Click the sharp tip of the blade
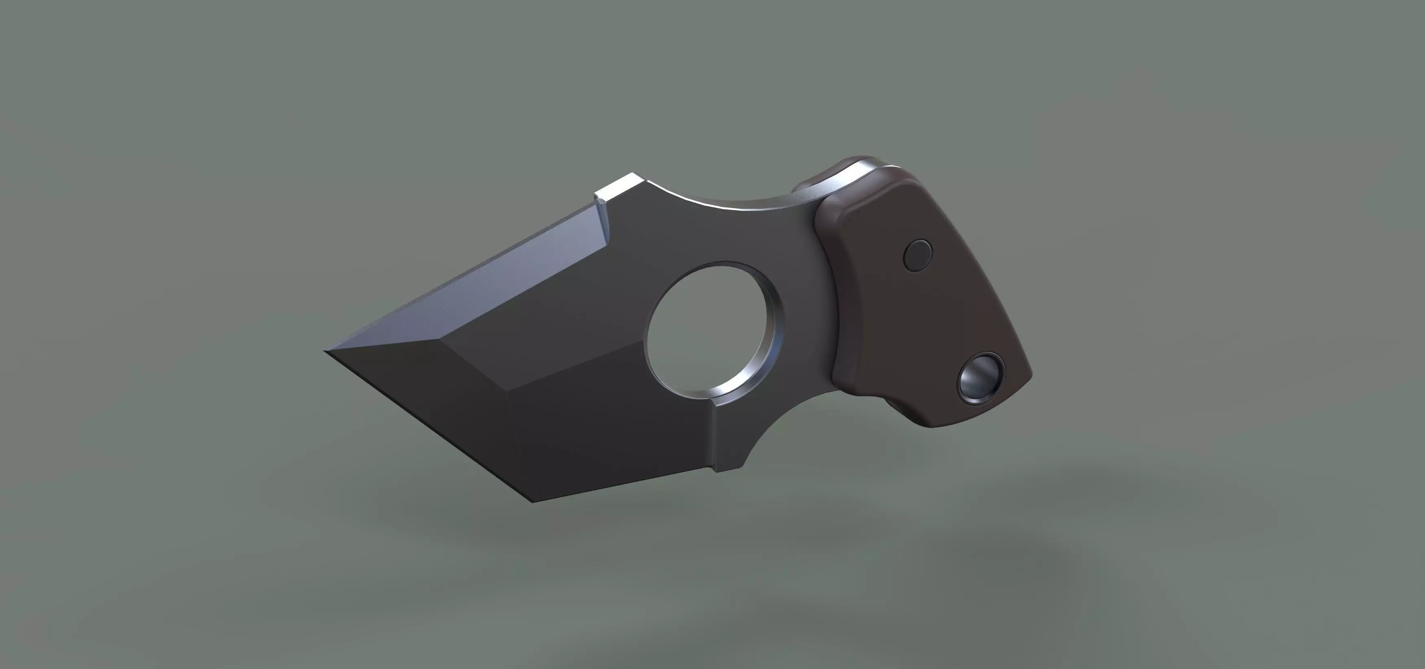326,351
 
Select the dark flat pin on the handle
917,255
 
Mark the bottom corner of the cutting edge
533,501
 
